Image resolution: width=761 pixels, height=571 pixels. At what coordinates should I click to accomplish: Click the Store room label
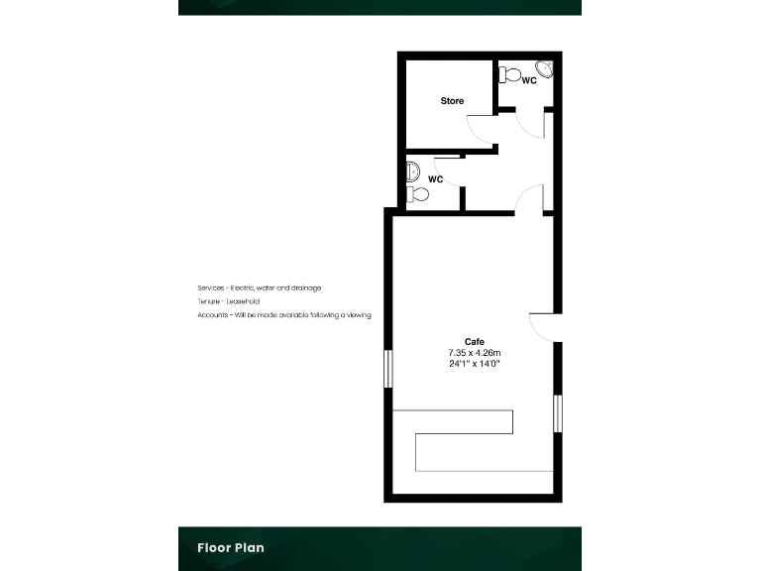pos(452,101)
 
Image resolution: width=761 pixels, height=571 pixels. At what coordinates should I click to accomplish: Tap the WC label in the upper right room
pos(529,80)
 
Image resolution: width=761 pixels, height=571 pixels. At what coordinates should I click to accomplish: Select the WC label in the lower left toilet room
pos(434,179)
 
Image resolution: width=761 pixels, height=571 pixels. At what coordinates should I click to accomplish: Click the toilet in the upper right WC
pos(510,74)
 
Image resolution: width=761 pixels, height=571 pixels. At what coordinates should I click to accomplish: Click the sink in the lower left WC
pos(413,171)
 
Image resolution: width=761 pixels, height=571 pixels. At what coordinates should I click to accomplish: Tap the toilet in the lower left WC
pos(417,193)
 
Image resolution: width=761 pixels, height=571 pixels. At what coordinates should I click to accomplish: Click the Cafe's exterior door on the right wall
pos(546,328)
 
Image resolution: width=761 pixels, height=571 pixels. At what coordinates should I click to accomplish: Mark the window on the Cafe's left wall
pos(388,372)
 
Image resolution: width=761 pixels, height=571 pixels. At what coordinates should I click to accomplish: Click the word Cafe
pos(475,342)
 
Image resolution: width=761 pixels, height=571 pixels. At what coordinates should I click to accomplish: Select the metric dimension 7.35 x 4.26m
pos(475,353)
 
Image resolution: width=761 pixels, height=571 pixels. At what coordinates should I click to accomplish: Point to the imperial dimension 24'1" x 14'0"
pos(475,364)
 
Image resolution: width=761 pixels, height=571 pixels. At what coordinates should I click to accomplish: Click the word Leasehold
pos(243,301)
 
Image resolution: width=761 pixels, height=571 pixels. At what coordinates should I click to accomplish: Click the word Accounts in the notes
pos(212,315)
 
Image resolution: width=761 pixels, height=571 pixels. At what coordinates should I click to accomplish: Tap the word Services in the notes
pos(211,287)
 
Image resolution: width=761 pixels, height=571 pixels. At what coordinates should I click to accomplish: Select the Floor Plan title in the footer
pos(230,547)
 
